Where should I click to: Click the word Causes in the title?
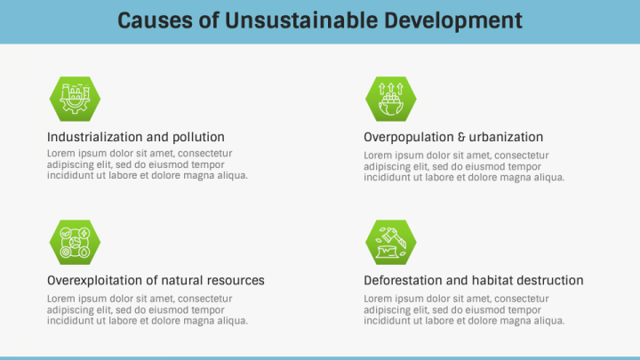tap(155, 20)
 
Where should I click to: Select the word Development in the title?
tap(453, 21)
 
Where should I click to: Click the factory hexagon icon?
tap(75, 99)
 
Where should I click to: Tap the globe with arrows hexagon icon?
tap(391, 99)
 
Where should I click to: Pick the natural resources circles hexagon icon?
tap(75, 243)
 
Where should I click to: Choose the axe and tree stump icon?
tap(391, 243)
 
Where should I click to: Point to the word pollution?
tap(198, 138)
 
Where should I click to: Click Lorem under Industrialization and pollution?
tap(61, 154)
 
